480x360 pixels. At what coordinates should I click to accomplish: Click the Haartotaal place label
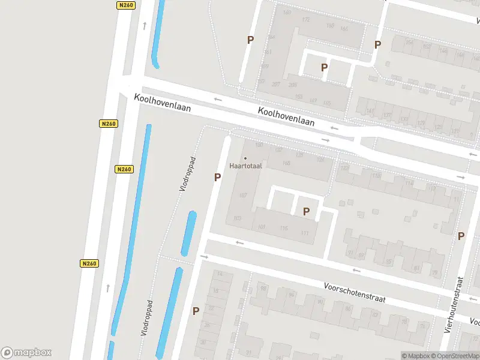tap(245, 166)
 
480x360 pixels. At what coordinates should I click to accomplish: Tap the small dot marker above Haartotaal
tap(245, 158)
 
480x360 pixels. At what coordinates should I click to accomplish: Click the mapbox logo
tap(26, 353)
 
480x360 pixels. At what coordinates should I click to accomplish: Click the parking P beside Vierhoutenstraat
tap(461, 236)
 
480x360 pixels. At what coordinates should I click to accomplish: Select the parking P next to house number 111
tap(306, 211)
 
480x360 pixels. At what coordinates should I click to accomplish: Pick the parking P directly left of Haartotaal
tap(217, 177)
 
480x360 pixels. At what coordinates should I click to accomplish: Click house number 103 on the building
tap(237, 217)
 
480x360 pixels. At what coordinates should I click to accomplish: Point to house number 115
tap(284, 229)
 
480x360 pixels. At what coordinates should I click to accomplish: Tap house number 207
tap(276, 85)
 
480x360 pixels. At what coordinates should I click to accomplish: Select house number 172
tap(306, 20)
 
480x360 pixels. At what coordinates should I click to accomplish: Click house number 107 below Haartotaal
tap(243, 196)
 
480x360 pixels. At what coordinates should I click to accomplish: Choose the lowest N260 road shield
tap(89, 263)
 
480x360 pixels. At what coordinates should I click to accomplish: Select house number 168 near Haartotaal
tap(286, 163)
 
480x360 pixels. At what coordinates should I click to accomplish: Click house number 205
tap(293, 85)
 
